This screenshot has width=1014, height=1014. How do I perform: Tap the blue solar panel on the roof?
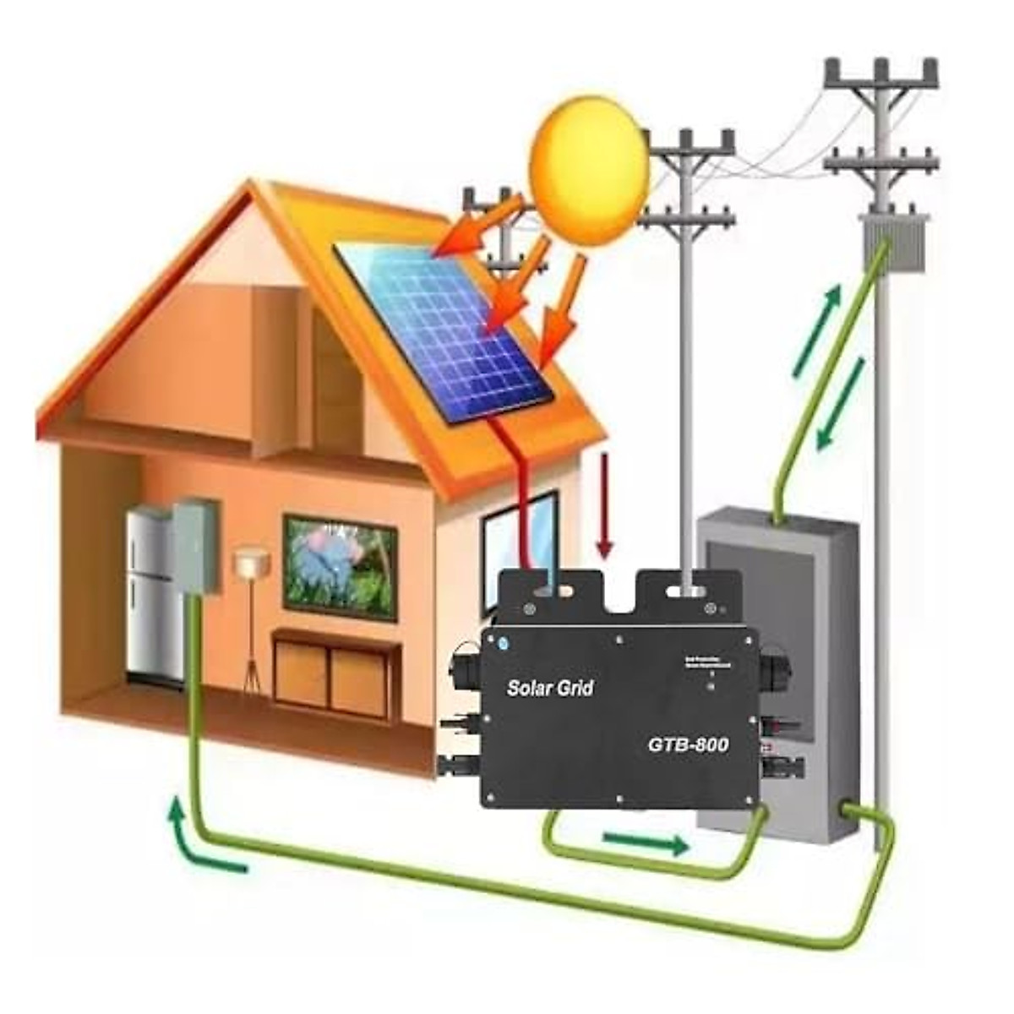[x=444, y=330]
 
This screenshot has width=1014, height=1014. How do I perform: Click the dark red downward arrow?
[x=603, y=505]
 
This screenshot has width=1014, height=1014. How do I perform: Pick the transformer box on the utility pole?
[x=893, y=243]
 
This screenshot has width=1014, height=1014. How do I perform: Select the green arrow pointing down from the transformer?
[x=842, y=404]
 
